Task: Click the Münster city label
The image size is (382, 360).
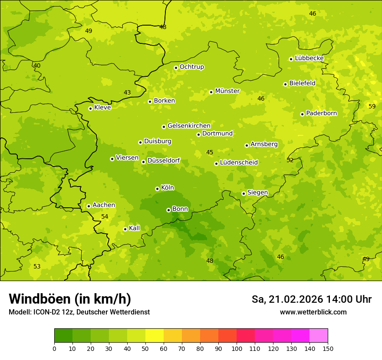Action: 227,91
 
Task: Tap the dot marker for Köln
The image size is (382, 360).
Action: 157,189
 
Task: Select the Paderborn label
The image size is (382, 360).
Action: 321,113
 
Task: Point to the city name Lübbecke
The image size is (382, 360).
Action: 309,58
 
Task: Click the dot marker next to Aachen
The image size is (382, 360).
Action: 89,206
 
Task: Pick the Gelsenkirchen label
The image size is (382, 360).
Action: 189,126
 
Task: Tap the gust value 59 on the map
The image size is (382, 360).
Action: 372,106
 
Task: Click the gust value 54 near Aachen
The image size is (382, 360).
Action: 105,216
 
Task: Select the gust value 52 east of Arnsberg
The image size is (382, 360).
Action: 290,160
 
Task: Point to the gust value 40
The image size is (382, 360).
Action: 37,66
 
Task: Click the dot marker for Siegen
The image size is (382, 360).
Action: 244,193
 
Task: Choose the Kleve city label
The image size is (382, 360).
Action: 102,108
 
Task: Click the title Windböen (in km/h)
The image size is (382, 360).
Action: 69,299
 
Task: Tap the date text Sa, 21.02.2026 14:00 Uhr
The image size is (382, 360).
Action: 311,299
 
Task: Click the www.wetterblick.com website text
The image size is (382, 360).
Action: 313,312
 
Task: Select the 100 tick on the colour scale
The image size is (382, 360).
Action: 237,348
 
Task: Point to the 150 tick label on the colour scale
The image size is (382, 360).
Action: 327,348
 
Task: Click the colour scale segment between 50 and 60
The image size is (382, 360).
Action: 155,336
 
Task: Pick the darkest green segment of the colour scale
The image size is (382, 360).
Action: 63,336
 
